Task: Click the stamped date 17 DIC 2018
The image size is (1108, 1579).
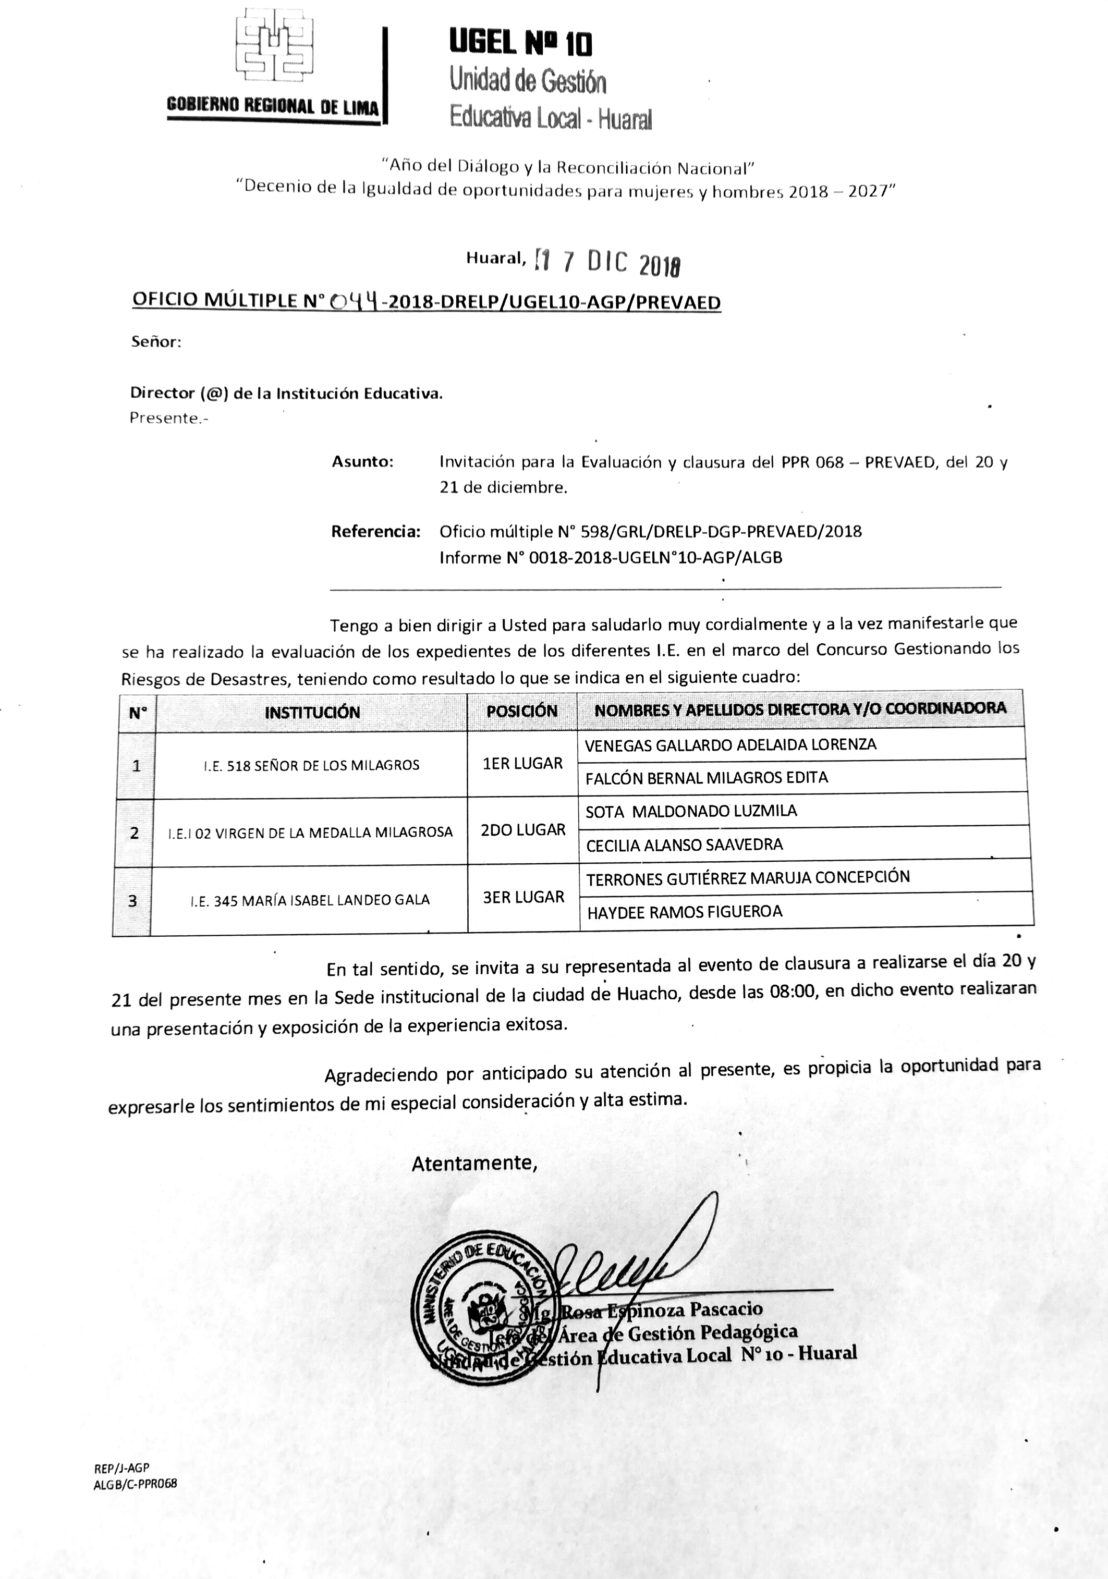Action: pos(608,263)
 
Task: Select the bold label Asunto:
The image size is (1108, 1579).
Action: pos(362,461)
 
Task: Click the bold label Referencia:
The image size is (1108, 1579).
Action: pos(375,532)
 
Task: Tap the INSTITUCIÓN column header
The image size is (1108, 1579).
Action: pos(312,712)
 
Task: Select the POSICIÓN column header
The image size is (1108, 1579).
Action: pos(521,711)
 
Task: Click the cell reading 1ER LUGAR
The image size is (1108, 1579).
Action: pos(522,763)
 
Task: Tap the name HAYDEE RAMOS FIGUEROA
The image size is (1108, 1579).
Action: pos(684,912)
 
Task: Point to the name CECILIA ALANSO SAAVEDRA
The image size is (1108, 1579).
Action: pos(684,845)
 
